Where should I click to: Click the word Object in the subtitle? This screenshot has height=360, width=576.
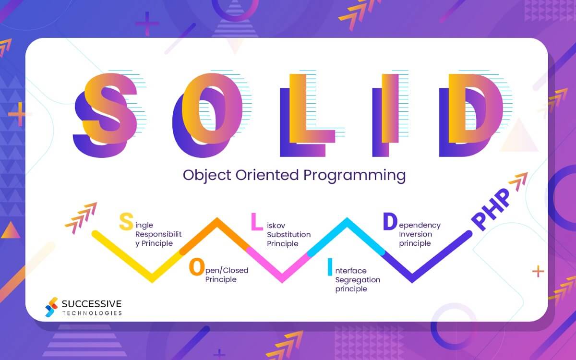(x=207, y=175)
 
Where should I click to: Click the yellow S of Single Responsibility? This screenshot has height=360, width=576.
(x=126, y=222)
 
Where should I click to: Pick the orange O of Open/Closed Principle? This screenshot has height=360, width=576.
(x=197, y=267)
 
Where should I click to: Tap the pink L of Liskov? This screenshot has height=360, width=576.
(x=257, y=221)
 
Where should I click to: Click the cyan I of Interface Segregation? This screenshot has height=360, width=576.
(x=329, y=267)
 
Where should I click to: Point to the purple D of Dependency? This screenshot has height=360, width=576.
(x=390, y=221)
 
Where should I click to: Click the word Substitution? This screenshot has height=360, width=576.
(x=288, y=235)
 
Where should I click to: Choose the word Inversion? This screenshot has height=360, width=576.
(x=416, y=234)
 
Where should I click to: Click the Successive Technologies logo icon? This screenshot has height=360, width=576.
(x=51, y=307)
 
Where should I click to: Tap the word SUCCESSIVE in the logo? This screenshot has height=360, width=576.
(x=92, y=303)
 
